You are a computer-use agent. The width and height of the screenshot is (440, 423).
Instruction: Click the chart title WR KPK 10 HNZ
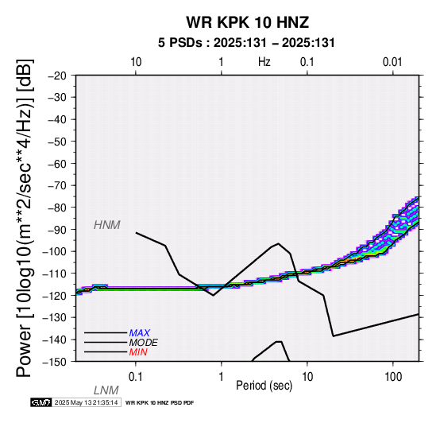click(248, 22)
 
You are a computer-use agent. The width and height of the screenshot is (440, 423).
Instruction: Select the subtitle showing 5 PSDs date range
click(246, 43)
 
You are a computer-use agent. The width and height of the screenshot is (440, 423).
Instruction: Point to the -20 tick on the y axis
click(57, 76)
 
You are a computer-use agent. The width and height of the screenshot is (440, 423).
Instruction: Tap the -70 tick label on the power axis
click(57, 186)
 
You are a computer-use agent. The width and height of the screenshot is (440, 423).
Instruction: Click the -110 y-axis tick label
click(55, 274)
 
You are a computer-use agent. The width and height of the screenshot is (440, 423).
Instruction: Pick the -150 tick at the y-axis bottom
click(55, 362)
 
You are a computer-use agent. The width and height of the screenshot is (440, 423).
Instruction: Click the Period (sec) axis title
click(264, 386)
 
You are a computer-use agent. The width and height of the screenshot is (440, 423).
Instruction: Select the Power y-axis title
click(25, 219)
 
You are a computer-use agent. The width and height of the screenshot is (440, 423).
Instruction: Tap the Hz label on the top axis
click(264, 62)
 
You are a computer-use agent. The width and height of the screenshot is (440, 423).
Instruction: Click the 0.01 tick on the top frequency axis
click(392, 62)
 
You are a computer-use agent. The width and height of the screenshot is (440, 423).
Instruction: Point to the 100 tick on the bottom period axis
click(393, 377)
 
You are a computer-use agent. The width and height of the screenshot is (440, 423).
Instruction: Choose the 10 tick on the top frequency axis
click(136, 62)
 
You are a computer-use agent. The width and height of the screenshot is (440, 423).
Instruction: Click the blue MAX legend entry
click(140, 333)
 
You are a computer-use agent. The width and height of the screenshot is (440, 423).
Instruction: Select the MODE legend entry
click(144, 343)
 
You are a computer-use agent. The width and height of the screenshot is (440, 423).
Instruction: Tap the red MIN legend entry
click(138, 352)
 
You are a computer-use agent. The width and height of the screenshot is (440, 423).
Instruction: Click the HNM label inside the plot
click(107, 225)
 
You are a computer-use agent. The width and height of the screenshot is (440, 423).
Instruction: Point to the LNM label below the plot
click(106, 390)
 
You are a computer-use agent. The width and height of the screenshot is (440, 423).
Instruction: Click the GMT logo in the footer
click(41, 402)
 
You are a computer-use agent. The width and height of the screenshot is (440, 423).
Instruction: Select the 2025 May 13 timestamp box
click(87, 402)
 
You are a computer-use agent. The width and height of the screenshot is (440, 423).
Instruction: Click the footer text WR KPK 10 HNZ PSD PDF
click(160, 403)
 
